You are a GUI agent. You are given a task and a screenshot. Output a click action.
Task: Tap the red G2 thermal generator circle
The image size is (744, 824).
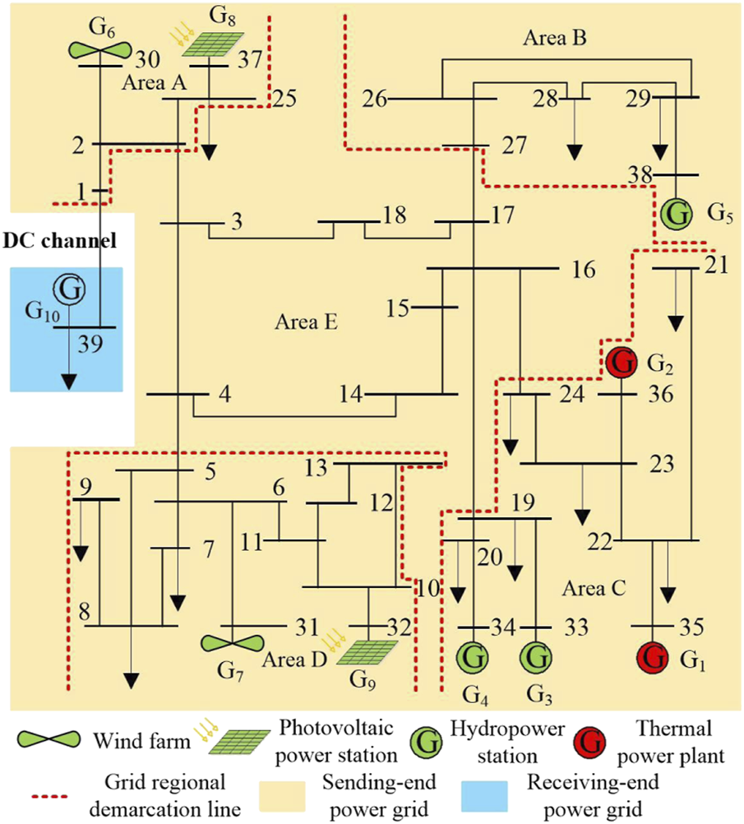pos(622,361)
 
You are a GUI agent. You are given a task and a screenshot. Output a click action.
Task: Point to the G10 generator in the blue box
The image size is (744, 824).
pos(70,289)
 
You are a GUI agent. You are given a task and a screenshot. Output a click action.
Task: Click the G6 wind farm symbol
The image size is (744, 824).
pos(99,50)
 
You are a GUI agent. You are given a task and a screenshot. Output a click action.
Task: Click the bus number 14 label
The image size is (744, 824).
pos(350,394)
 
